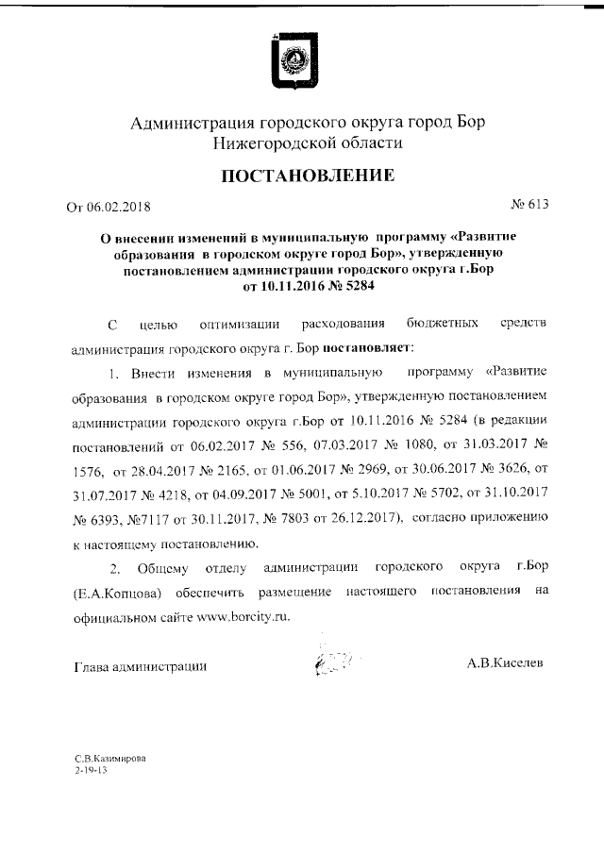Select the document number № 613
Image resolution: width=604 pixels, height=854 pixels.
click(529, 203)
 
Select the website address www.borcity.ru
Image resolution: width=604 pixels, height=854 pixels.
click(243, 614)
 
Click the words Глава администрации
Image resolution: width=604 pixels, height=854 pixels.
click(141, 666)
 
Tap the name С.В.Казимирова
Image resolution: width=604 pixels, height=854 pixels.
click(110, 758)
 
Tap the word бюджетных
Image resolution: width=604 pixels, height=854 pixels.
click(440, 326)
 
